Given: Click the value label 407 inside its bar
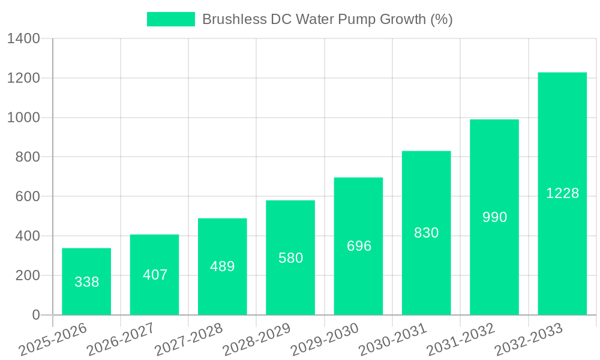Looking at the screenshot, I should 155,275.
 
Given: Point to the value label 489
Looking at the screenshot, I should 223,266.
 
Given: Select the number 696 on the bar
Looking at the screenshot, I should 359,246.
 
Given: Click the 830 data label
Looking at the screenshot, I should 427,233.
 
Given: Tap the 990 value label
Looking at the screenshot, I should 494,217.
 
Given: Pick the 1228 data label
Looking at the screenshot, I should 562,193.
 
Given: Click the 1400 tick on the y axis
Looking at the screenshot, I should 23,39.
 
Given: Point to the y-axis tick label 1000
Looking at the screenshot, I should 23,118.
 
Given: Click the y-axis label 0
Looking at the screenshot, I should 36,315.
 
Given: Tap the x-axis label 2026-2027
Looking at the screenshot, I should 120,339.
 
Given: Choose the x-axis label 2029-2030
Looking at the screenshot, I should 324,339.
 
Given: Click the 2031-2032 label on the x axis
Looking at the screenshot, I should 460,339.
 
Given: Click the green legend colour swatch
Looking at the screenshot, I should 171,19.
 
